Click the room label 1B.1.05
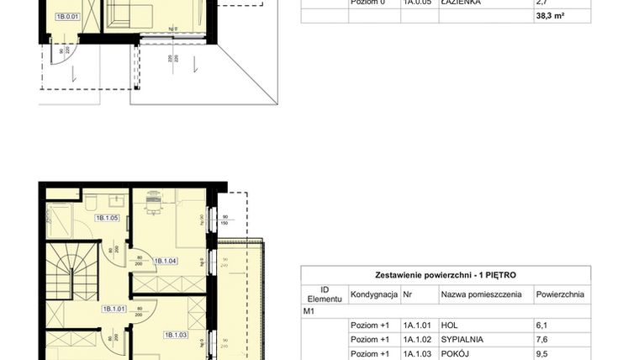(107, 219)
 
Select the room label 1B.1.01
(114, 309)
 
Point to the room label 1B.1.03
(175, 334)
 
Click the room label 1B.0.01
(67, 16)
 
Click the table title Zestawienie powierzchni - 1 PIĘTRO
(446, 275)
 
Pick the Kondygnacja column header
(373, 294)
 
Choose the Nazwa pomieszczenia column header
(480, 294)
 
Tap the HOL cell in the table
(448, 325)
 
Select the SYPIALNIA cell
(459, 340)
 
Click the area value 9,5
(542, 354)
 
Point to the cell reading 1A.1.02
(417, 340)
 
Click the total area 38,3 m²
(550, 16)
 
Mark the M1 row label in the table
(309, 310)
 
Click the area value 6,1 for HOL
(541, 325)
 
